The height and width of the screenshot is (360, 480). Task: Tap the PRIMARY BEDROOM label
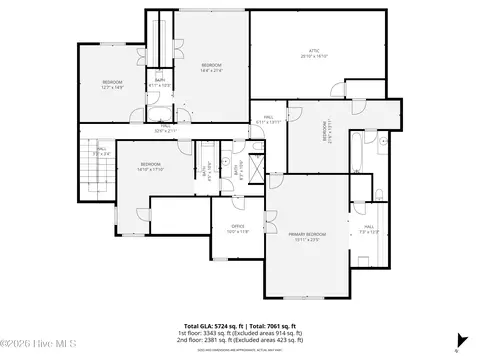click(x=308, y=236)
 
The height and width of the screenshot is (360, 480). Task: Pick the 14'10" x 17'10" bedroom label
click(x=151, y=166)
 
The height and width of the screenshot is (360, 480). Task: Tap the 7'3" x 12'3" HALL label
click(x=369, y=229)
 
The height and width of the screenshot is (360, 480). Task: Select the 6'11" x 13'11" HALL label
click(x=269, y=119)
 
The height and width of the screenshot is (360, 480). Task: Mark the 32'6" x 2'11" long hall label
click(x=165, y=127)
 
